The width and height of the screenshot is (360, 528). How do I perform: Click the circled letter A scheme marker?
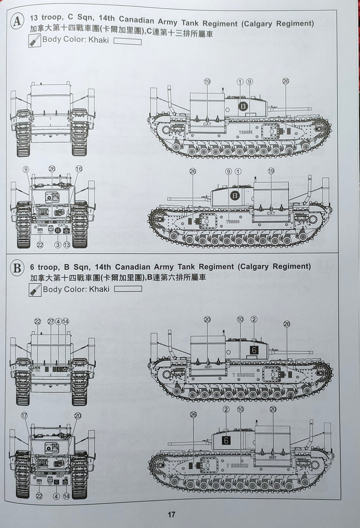click(18, 21)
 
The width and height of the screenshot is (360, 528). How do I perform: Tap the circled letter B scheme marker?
click(17, 269)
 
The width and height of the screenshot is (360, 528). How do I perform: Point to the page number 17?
click(172, 514)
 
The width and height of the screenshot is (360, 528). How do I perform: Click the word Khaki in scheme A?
click(99, 40)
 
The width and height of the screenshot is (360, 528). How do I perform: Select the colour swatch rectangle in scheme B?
click(128, 289)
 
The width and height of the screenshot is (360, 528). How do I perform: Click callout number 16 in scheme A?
click(78, 169)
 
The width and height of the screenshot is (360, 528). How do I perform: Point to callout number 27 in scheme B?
click(51, 321)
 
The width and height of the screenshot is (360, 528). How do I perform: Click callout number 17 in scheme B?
click(24, 415)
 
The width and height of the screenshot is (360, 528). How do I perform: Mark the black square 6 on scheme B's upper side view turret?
click(253, 350)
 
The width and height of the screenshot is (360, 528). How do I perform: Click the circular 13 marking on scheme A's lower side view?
click(235, 195)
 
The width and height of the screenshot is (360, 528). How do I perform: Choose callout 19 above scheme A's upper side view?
click(207, 81)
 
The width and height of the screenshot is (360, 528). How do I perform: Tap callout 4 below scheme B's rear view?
click(56, 496)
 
